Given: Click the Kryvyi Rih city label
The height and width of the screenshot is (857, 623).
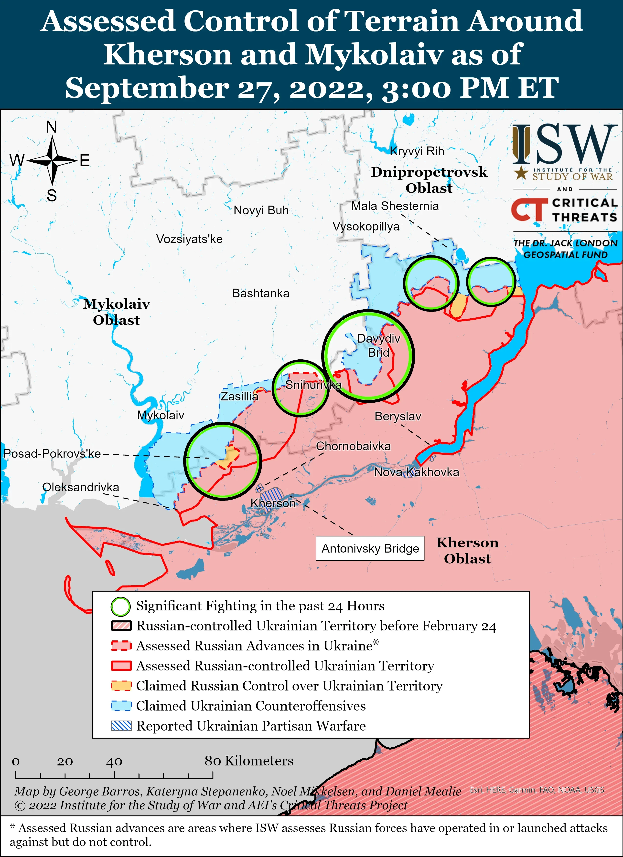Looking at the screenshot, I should pyautogui.click(x=417, y=151).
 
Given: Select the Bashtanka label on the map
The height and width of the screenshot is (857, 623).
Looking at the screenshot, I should pyautogui.click(x=260, y=293).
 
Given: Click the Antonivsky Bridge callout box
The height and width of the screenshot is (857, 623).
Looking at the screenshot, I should pyautogui.click(x=370, y=548).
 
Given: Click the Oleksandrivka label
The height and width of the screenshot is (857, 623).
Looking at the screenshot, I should pyautogui.click(x=81, y=487).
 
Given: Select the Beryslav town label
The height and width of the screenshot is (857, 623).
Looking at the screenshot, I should pyautogui.click(x=398, y=416).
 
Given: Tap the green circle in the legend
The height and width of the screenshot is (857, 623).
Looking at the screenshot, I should pyautogui.click(x=121, y=606).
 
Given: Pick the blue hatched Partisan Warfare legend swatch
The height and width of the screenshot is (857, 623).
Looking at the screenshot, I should pyautogui.click(x=121, y=726).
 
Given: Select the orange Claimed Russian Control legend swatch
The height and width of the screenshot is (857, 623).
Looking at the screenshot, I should pyautogui.click(x=121, y=686).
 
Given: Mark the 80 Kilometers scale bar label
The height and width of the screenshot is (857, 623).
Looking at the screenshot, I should pyautogui.click(x=249, y=761).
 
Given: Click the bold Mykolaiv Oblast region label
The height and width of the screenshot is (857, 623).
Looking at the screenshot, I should pyautogui.click(x=117, y=312).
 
